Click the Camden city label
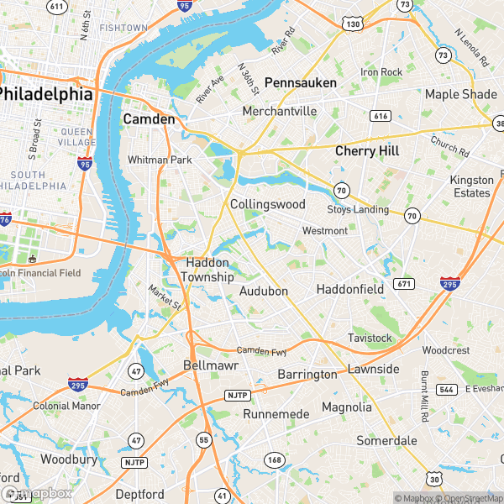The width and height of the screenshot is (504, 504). (149, 119)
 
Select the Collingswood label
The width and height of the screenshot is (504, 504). (267, 204)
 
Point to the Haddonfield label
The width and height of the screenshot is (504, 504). (349, 289)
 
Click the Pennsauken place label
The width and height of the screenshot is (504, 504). (300, 82)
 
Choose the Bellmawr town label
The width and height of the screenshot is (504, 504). (211, 366)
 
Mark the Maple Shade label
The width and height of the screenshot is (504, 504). (460, 94)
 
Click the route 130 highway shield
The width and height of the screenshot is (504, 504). (352, 24)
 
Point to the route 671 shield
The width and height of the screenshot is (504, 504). (403, 285)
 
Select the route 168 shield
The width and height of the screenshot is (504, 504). (273, 459)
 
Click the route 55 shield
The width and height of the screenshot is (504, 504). (203, 439)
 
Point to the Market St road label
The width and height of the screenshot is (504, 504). (165, 295)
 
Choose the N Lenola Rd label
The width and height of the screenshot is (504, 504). (471, 50)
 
